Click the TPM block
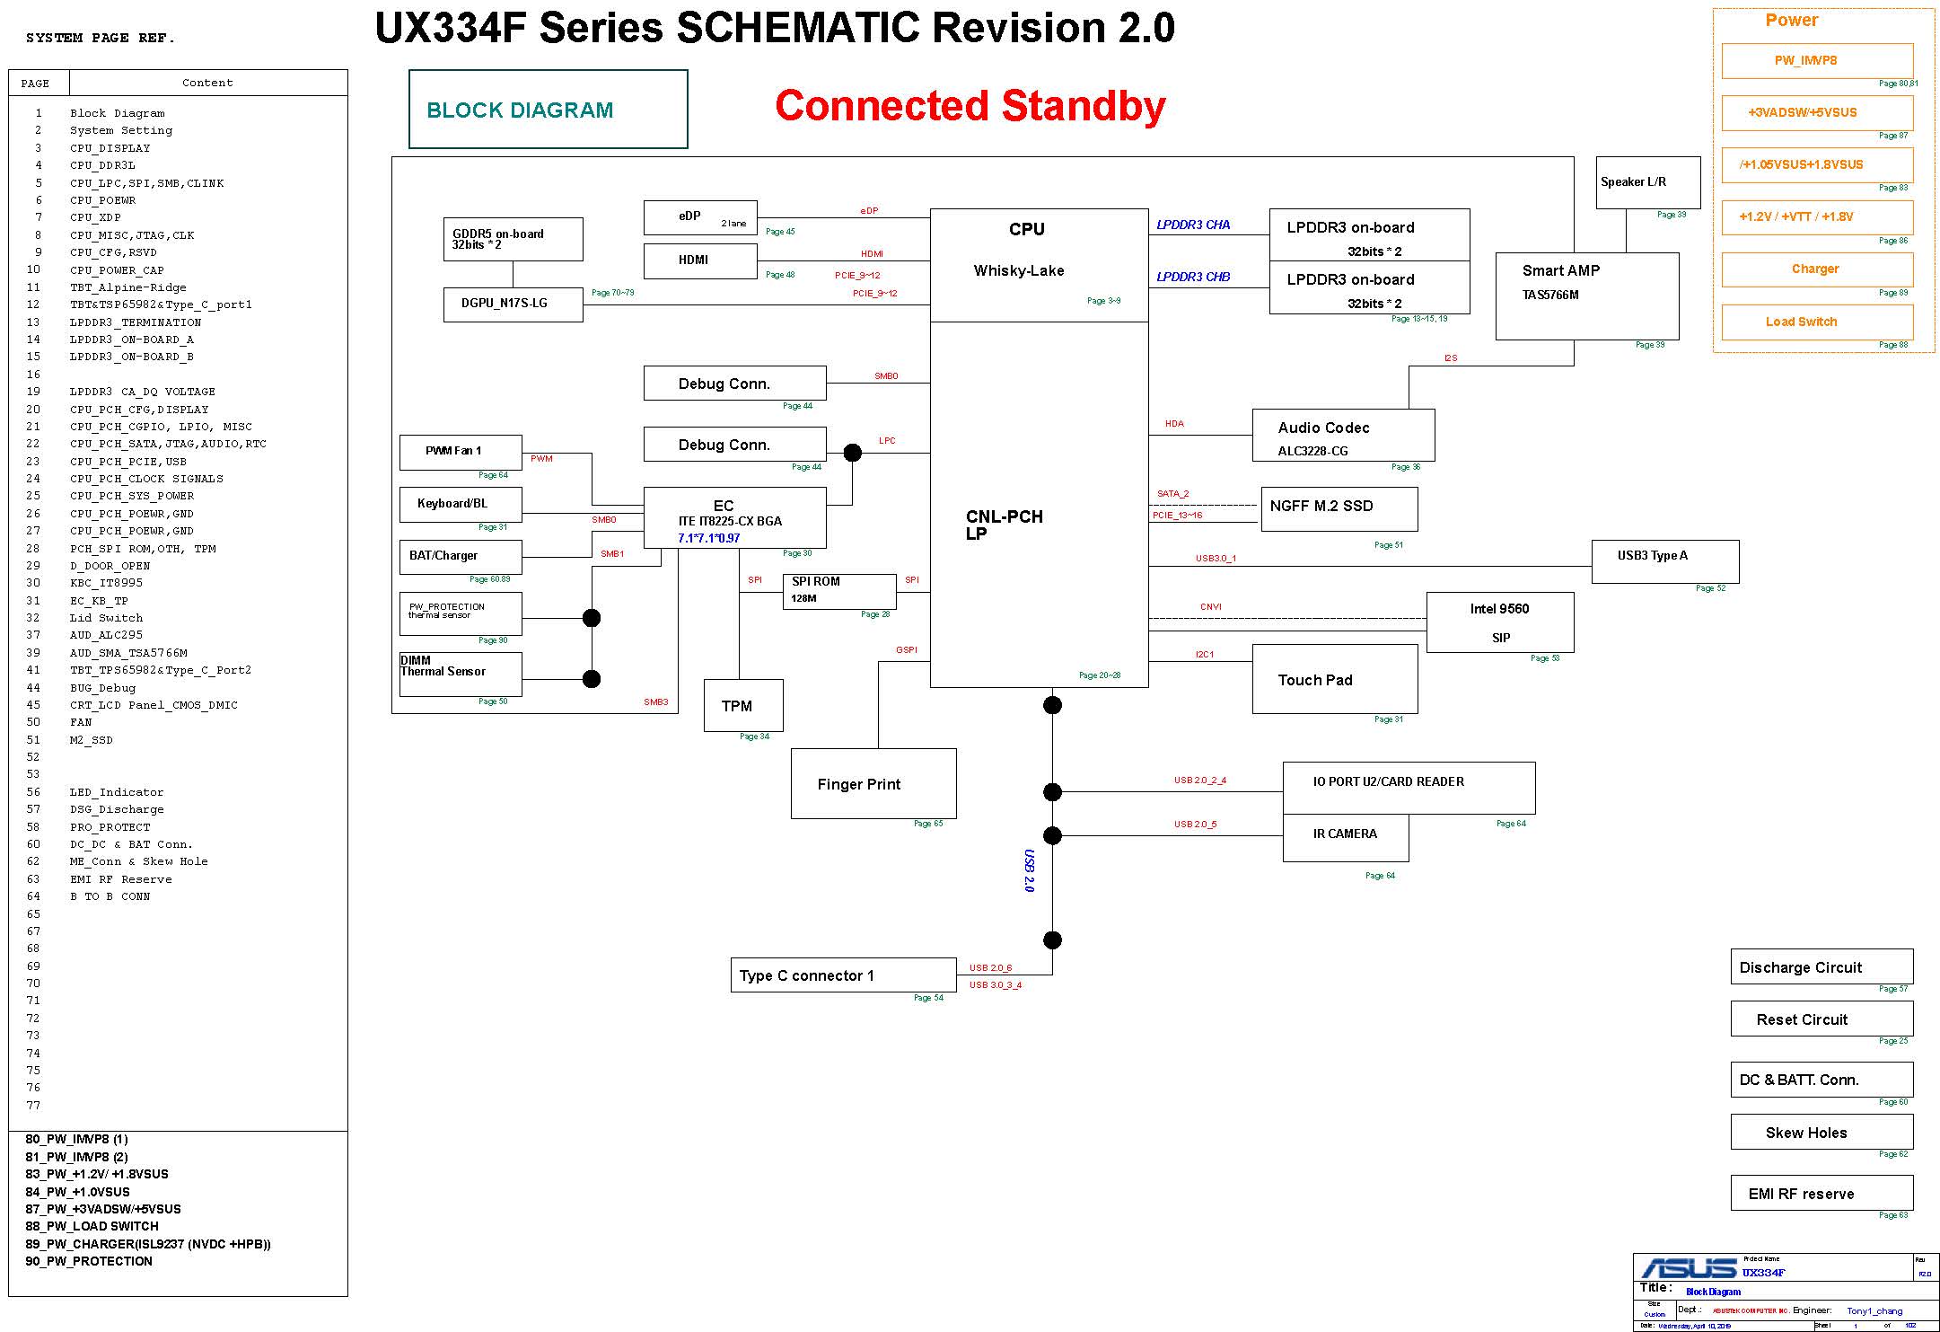[x=743, y=706]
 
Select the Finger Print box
[x=873, y=783]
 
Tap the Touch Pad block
[x=1334, y=680]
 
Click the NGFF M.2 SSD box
[x=1339, y=508]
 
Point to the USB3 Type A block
[x=1664, y=561]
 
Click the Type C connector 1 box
[x=843, y=975]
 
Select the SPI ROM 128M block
[x=839, y=590]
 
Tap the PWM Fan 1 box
[x=460, y=452]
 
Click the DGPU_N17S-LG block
[x=513, y=304]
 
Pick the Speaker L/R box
[x=1647, y=182]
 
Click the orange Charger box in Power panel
[x=1816, y=269]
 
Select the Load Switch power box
[x=1816, y=322]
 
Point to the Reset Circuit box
[x=1821, y=1019]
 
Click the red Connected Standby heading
[x=970, y=106]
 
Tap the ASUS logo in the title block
[x=1689, y=1268]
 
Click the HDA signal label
[x=1174, y=424]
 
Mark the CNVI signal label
[x=1211, y=607]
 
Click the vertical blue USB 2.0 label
[x=1030, y=870]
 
